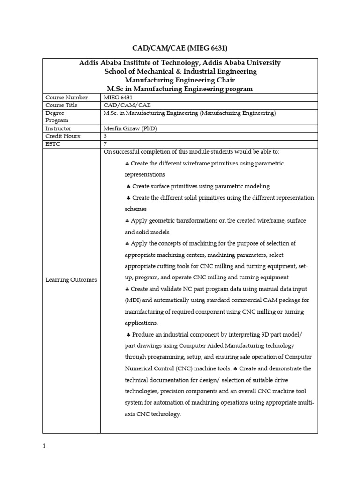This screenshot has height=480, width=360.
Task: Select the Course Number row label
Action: pyautogui.click(x=66, y=97)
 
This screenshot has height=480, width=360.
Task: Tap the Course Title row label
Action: pyautogui.click(x=61, y=105)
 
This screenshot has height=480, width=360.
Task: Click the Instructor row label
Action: pyautogui.click(x=59, y=128)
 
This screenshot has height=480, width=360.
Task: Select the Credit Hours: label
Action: pyautogui.click(x=63, y=136)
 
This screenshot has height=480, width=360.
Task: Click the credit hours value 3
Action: pyautogui.click(x=105, y=136)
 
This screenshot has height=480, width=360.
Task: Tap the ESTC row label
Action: pyautogui.click(x=53, y=144)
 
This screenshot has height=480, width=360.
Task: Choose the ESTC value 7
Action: pyautogui.click(x=105, y=144)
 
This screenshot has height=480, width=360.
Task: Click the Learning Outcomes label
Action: pyautogui.click(x=71, y=280)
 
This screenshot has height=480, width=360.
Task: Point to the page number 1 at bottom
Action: pyautogui.click(x=44, y=446)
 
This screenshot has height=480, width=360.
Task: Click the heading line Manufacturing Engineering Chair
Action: pyautogui.click(x=180, y=80)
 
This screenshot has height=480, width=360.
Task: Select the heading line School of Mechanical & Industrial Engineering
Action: pyautogui.click(x=180, y=72)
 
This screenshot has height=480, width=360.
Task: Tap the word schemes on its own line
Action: pyautogui.click(x=135, y=209)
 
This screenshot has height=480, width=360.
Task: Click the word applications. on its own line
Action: pyautogui.click(x=141, y=323)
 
